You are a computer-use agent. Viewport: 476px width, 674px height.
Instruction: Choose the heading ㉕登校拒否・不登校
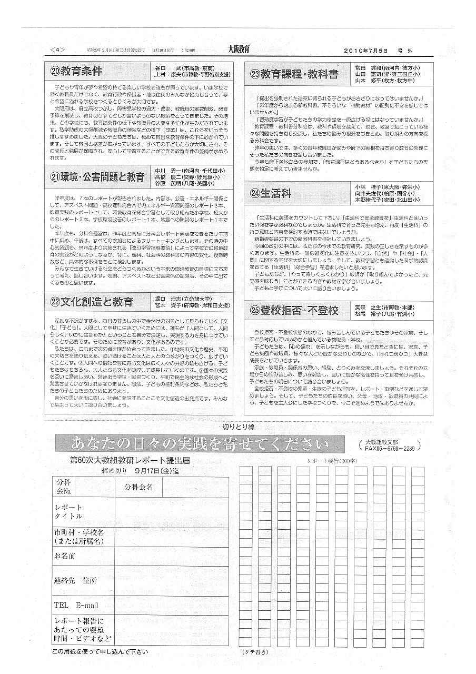pyautogui.click(x=294, y=310)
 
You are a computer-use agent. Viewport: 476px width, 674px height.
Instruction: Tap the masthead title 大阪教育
pyautogui.click(x=239, y=49)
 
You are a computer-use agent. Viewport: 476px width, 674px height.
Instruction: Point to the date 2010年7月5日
pyautogui.click(x=365, y=51)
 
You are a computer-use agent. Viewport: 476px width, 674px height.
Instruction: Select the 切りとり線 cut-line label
pyautogui.click(x=238, y=427)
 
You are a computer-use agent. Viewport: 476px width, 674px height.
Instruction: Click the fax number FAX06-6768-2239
pyautogui.click(x=389, y=449)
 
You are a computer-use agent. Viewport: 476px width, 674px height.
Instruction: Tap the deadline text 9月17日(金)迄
pyautogui.click(x=157, y=470)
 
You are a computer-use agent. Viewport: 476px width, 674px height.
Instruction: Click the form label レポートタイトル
pyautogui.click(x=69, y=511)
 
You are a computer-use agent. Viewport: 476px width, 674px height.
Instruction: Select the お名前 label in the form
pyautogui.click(x=65, y=556)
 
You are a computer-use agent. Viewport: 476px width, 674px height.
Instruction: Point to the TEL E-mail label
pyautogui.click(x=76, y=605)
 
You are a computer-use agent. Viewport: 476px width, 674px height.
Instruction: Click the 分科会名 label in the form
pyautogui.click(x=139, y=487)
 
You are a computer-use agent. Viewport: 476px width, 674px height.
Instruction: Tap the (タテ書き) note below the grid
pyautogui.click(x=255, y=651)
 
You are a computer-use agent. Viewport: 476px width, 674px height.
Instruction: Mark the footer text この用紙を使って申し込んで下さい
pyautogui.click(x=100, y=651)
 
